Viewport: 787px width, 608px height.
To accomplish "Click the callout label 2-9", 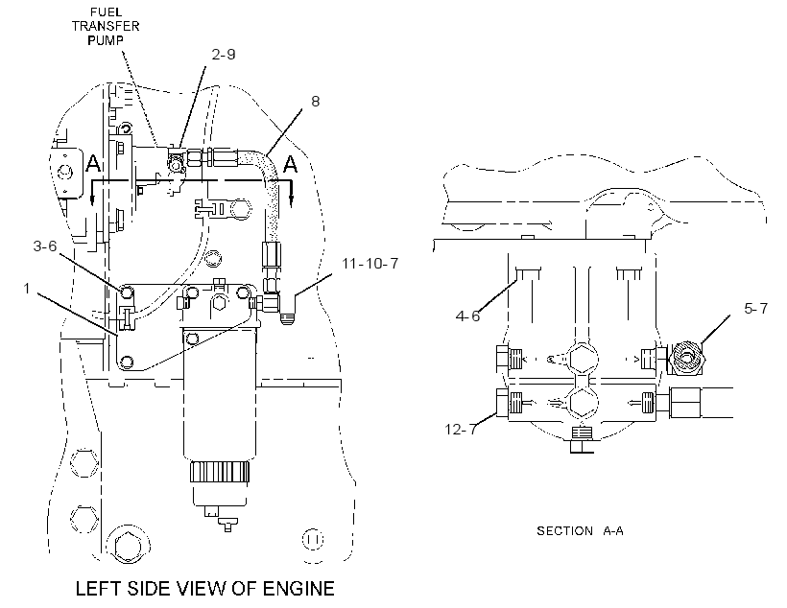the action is coord(224,54).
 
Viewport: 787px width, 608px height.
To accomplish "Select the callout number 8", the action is coord(315,102).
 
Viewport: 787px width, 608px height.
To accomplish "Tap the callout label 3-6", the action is coord(45,246).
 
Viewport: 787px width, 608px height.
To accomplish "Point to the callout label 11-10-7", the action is coord(370,264).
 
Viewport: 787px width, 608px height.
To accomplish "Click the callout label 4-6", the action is coord(467,316).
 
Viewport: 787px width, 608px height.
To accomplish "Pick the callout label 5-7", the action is coord(756,308).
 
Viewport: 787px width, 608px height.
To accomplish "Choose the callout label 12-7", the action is coord(461,430).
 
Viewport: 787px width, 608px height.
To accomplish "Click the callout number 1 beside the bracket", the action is coord(27,289).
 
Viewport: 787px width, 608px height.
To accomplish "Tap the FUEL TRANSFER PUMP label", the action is coord(106,26).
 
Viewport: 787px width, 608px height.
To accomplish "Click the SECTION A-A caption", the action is coord(580,530).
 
